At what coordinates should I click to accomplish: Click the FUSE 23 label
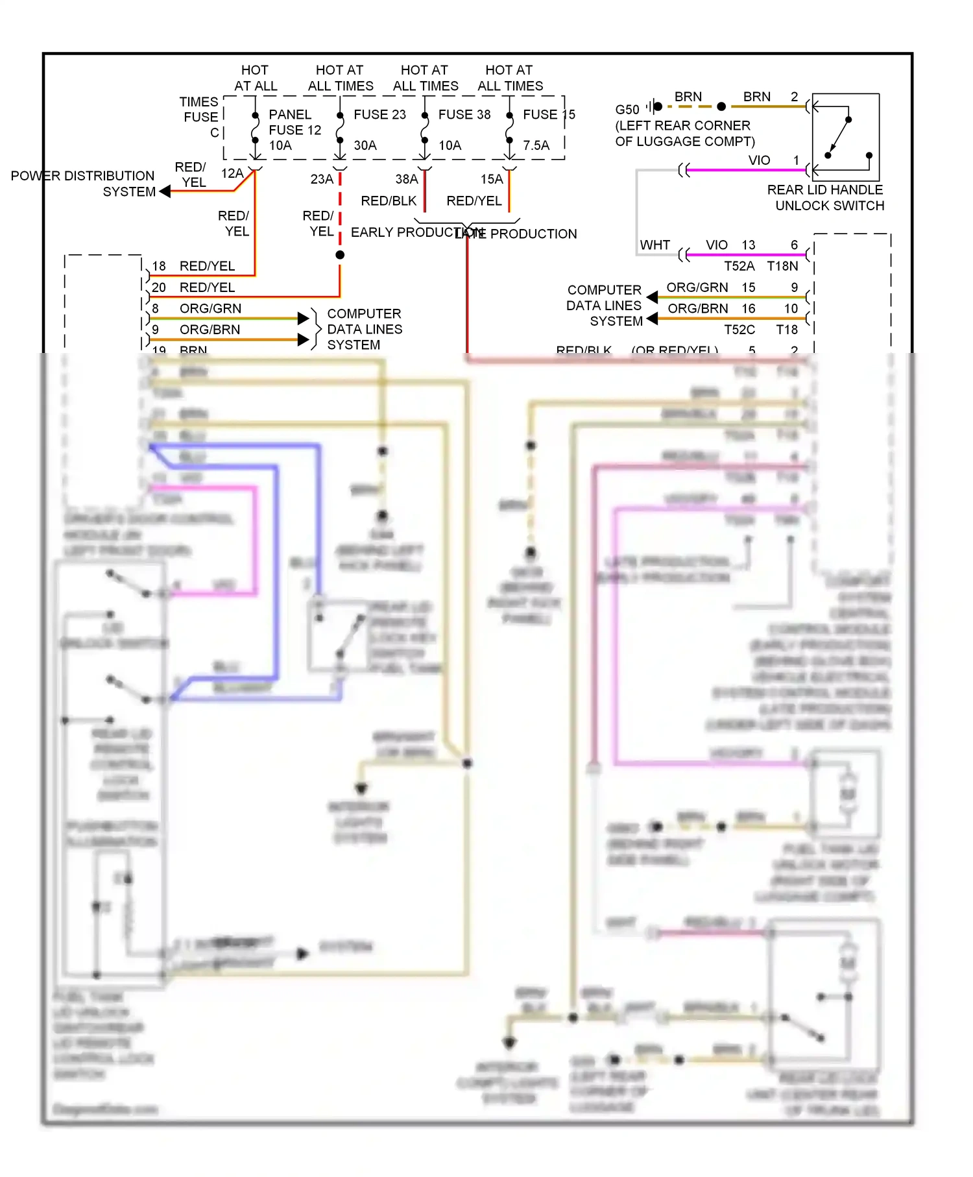point(379,114)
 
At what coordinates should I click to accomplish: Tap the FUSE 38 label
point(464,114)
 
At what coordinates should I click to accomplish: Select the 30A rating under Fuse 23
point(365,145)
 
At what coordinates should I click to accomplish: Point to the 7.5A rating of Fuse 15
point(536,145)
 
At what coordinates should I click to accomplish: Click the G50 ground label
point(627,110)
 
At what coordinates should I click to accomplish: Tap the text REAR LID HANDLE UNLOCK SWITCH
point(825,198)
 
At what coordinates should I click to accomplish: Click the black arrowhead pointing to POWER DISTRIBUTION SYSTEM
point(165,191)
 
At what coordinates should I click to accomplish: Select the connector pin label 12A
point(232,173)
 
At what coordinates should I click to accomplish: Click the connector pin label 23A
point(322,179)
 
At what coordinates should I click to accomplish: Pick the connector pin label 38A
point(407,179)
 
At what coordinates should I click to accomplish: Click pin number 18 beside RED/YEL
point(159,266)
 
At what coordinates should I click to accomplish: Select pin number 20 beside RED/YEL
point(159,287)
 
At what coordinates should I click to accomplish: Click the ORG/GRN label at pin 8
point(210,309)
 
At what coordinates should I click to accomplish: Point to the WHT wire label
point(655,245)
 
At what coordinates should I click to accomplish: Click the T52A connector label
point(739,266)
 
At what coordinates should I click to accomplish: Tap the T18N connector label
point(782,266)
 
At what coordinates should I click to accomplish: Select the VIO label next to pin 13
point(716,245)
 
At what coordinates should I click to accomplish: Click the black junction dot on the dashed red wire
point(340,255)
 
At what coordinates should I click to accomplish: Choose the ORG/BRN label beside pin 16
point(697,309)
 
